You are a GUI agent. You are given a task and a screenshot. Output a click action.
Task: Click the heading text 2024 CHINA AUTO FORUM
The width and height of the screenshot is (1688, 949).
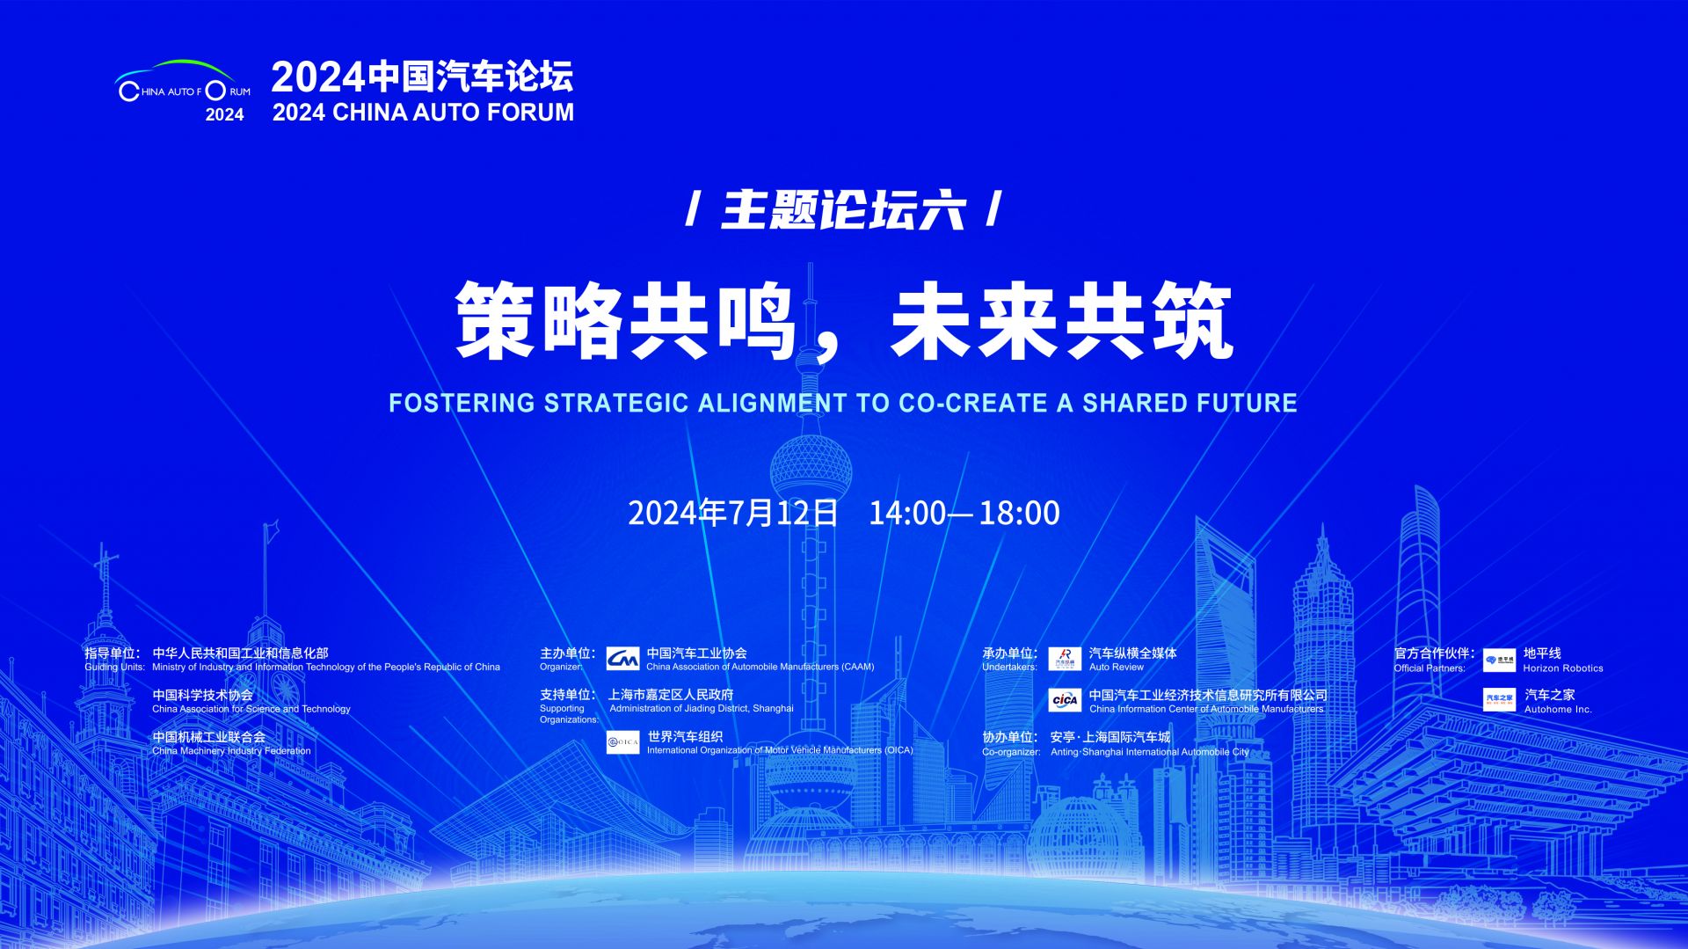pos(423,113)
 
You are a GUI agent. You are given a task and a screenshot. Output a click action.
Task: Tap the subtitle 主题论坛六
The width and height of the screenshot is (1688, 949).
pos(843,210)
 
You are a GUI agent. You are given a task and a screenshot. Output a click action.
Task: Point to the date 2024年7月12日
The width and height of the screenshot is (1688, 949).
pos(733,513)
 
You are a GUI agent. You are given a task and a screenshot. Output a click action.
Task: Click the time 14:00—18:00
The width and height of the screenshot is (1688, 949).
pos(964,513)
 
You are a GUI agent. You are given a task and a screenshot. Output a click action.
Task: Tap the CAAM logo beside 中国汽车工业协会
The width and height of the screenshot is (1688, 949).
pos(622,659)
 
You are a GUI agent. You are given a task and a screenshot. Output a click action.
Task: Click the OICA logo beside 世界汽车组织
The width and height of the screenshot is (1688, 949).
pos(623,742)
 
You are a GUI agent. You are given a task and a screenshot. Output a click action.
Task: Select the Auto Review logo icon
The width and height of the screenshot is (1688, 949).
pos(1065,659)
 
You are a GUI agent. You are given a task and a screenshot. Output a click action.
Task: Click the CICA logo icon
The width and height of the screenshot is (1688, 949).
pos(1065,700)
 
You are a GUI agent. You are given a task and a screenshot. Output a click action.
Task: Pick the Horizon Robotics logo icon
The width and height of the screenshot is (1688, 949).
pos(1500,660)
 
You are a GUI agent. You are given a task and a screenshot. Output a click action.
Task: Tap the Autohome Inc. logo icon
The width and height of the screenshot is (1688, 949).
pos(1500,700)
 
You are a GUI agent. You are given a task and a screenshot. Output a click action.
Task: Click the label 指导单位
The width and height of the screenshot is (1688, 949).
pos(111,653)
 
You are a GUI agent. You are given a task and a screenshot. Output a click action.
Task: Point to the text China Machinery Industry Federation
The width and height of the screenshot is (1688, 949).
pos(231,751)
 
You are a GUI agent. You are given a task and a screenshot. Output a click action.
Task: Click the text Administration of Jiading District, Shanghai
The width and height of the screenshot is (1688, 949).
pos(702,709)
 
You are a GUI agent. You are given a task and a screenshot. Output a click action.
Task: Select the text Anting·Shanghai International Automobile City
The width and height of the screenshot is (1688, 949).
pos(1150,752)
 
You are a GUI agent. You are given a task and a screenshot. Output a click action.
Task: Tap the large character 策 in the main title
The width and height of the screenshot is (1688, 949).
pos(495,321)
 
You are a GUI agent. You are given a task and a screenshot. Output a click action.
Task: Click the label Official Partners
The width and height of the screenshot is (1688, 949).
pos(1430,668)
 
